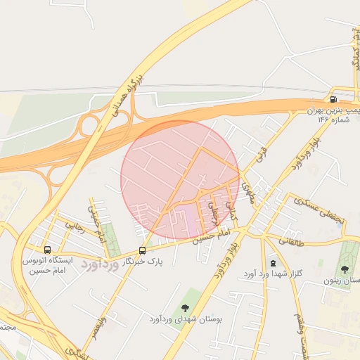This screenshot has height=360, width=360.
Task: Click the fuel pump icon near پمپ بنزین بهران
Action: click(333, 100)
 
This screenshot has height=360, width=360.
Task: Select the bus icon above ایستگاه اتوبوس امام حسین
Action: click(47, 250)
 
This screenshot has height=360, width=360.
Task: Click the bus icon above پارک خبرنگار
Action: click(143, 250)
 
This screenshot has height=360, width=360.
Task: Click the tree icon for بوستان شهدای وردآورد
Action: click(185, 308)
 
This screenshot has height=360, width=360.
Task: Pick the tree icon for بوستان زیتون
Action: click(345, 269)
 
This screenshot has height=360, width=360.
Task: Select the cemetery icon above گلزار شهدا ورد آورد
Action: click(274, 262)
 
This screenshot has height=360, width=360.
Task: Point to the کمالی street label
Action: click(233, 210)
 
